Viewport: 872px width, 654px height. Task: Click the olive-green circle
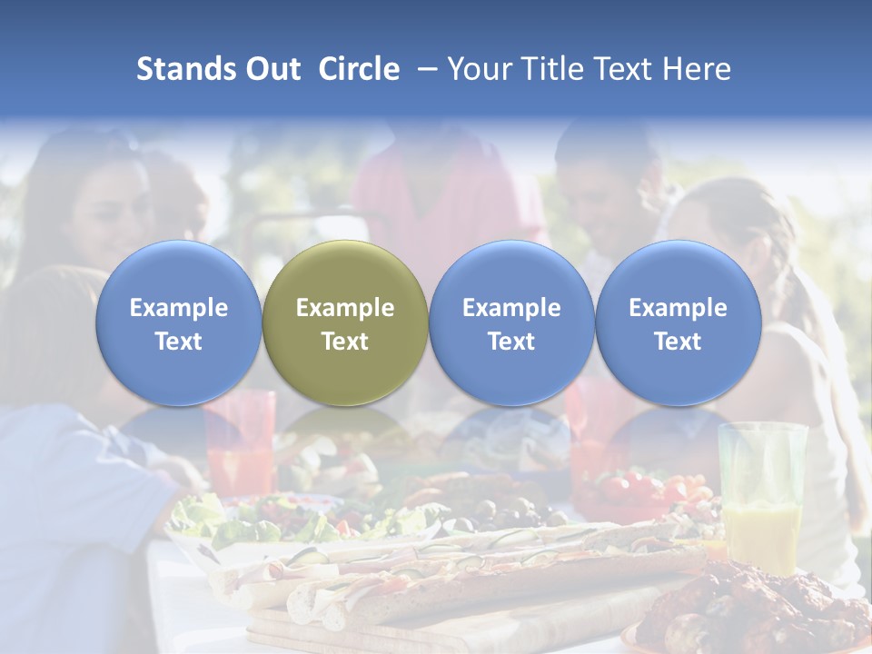coord(345,323)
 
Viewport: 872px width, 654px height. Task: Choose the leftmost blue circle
coord(179,323)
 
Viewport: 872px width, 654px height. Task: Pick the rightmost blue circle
coord(678,323)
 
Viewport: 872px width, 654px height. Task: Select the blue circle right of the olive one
coord(511,323)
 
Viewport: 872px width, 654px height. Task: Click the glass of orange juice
coord(761,495)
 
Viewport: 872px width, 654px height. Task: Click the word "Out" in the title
coord(273,69)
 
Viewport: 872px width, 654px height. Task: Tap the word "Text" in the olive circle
coord(345,342)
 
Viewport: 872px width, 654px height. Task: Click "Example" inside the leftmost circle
coord(179,308)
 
